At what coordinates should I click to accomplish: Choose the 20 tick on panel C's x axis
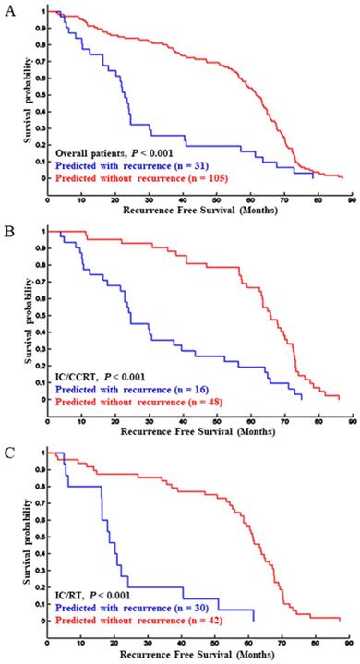pyautogui.click(x=114, y=636)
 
